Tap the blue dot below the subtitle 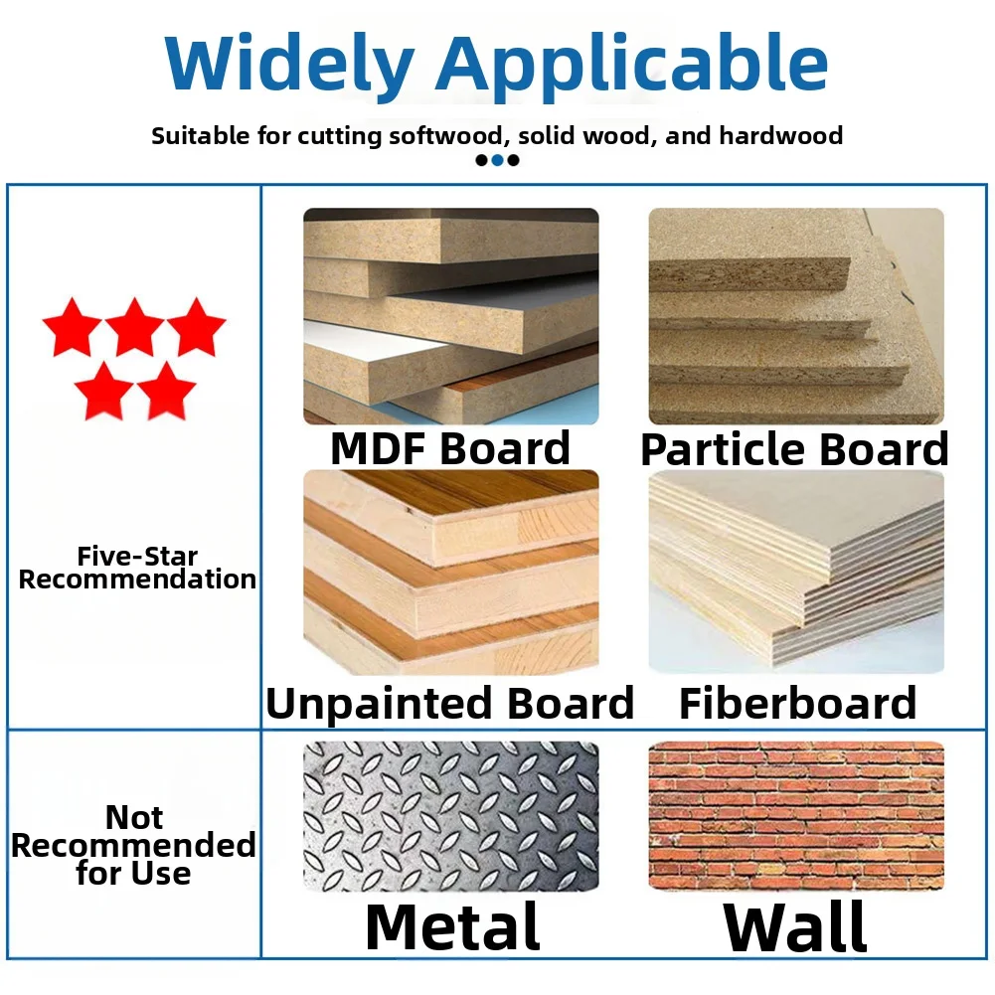tap(497, 160)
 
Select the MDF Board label tap(450, 448)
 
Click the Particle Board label tap(794, 449)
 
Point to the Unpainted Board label tap(449, 704)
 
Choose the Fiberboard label tap(797, 704)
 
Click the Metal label tap(452, 926)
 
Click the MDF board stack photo tap(450, 316)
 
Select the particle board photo tap(795, 316)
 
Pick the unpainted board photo tap(450, 573)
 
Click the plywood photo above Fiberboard tap(795, 573)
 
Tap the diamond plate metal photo tap(450, 816)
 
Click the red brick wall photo tap(795, 816)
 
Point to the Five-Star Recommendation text tap(137, 569)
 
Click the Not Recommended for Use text tap(134, 846)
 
